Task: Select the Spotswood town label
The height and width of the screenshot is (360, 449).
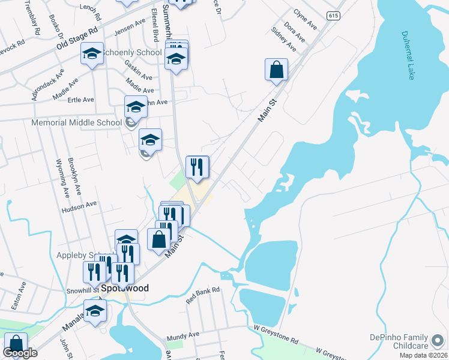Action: (x=124, y=289)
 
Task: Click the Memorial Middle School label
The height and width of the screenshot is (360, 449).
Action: (x=76, y=123)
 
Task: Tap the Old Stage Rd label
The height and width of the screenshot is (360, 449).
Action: (x=77, y=37)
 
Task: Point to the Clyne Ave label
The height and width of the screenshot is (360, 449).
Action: (x=305, y=20)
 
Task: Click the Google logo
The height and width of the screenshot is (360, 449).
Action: (x=20, y=353)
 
